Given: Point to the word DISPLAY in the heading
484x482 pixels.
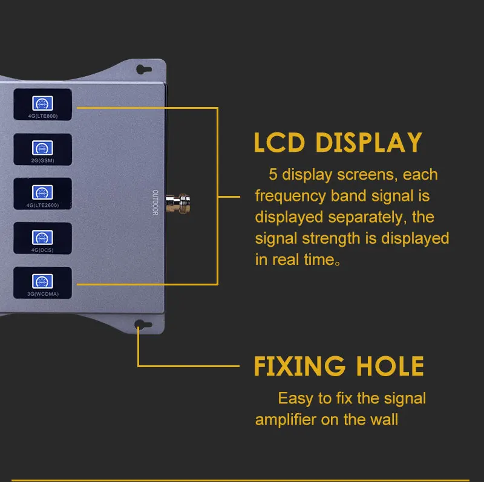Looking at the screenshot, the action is point(370,143).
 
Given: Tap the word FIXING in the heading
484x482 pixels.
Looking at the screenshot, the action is point(299,366).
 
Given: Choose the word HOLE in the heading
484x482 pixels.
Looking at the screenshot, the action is point(390,366).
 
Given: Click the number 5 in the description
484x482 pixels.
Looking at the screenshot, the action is point(272,175).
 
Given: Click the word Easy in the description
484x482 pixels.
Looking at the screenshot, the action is point(296,399).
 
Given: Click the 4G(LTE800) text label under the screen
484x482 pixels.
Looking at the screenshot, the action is point(42,116).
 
